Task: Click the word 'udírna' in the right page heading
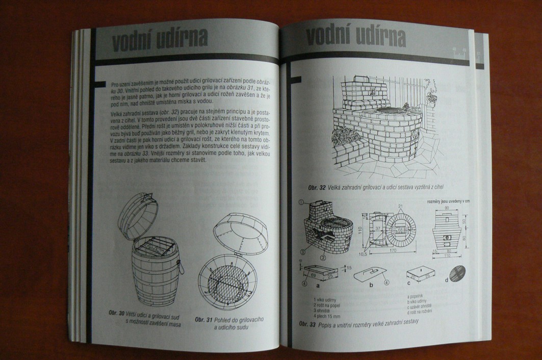[376, 37]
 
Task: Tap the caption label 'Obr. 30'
[117, 313]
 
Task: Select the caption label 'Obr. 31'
[205, 319]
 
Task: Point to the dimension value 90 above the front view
[447, 208]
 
